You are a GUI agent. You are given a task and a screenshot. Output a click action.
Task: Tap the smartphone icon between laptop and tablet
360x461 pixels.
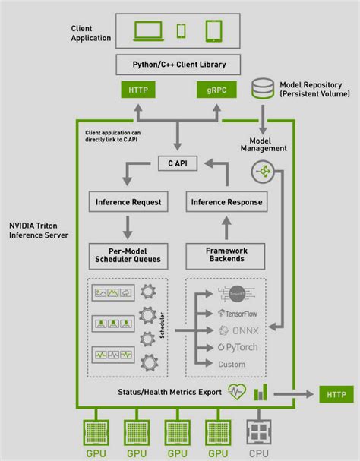[181, 31]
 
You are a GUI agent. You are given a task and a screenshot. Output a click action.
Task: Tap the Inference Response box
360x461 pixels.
[226, 203]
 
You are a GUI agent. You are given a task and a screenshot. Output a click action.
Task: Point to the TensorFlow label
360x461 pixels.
[239, 312]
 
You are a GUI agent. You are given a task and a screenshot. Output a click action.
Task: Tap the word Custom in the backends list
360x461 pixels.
[232, 365]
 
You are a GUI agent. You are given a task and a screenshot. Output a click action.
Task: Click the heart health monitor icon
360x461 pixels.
[237, 393]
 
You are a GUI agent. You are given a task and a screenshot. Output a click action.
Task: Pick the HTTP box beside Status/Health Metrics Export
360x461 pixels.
[335, 394]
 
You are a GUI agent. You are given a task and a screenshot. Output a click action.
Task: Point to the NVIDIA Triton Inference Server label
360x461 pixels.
[39, 231]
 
